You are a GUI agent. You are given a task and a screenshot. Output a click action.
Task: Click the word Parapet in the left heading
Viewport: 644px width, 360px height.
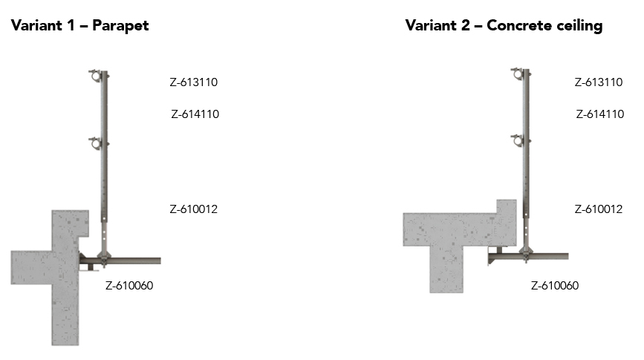point(120,26)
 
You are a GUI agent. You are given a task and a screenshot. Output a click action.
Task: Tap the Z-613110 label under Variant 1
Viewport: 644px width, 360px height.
point(193,82)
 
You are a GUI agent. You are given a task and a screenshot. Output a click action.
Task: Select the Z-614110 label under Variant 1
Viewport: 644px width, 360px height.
point(195,114)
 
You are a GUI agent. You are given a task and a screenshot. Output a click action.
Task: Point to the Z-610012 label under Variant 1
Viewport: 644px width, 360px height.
point(193,209)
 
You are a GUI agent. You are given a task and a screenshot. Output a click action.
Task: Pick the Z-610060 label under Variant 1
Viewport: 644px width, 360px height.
point(129,286)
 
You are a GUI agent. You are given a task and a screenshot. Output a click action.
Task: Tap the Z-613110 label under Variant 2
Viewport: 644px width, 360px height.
point(599,82)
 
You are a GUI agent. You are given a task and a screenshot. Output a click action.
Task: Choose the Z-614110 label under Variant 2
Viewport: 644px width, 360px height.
point(600,114)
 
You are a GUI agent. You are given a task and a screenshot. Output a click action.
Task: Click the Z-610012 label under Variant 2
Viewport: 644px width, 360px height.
point(599,209)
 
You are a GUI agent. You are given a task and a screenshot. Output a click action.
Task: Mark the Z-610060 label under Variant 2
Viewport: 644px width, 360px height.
point(555,286)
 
